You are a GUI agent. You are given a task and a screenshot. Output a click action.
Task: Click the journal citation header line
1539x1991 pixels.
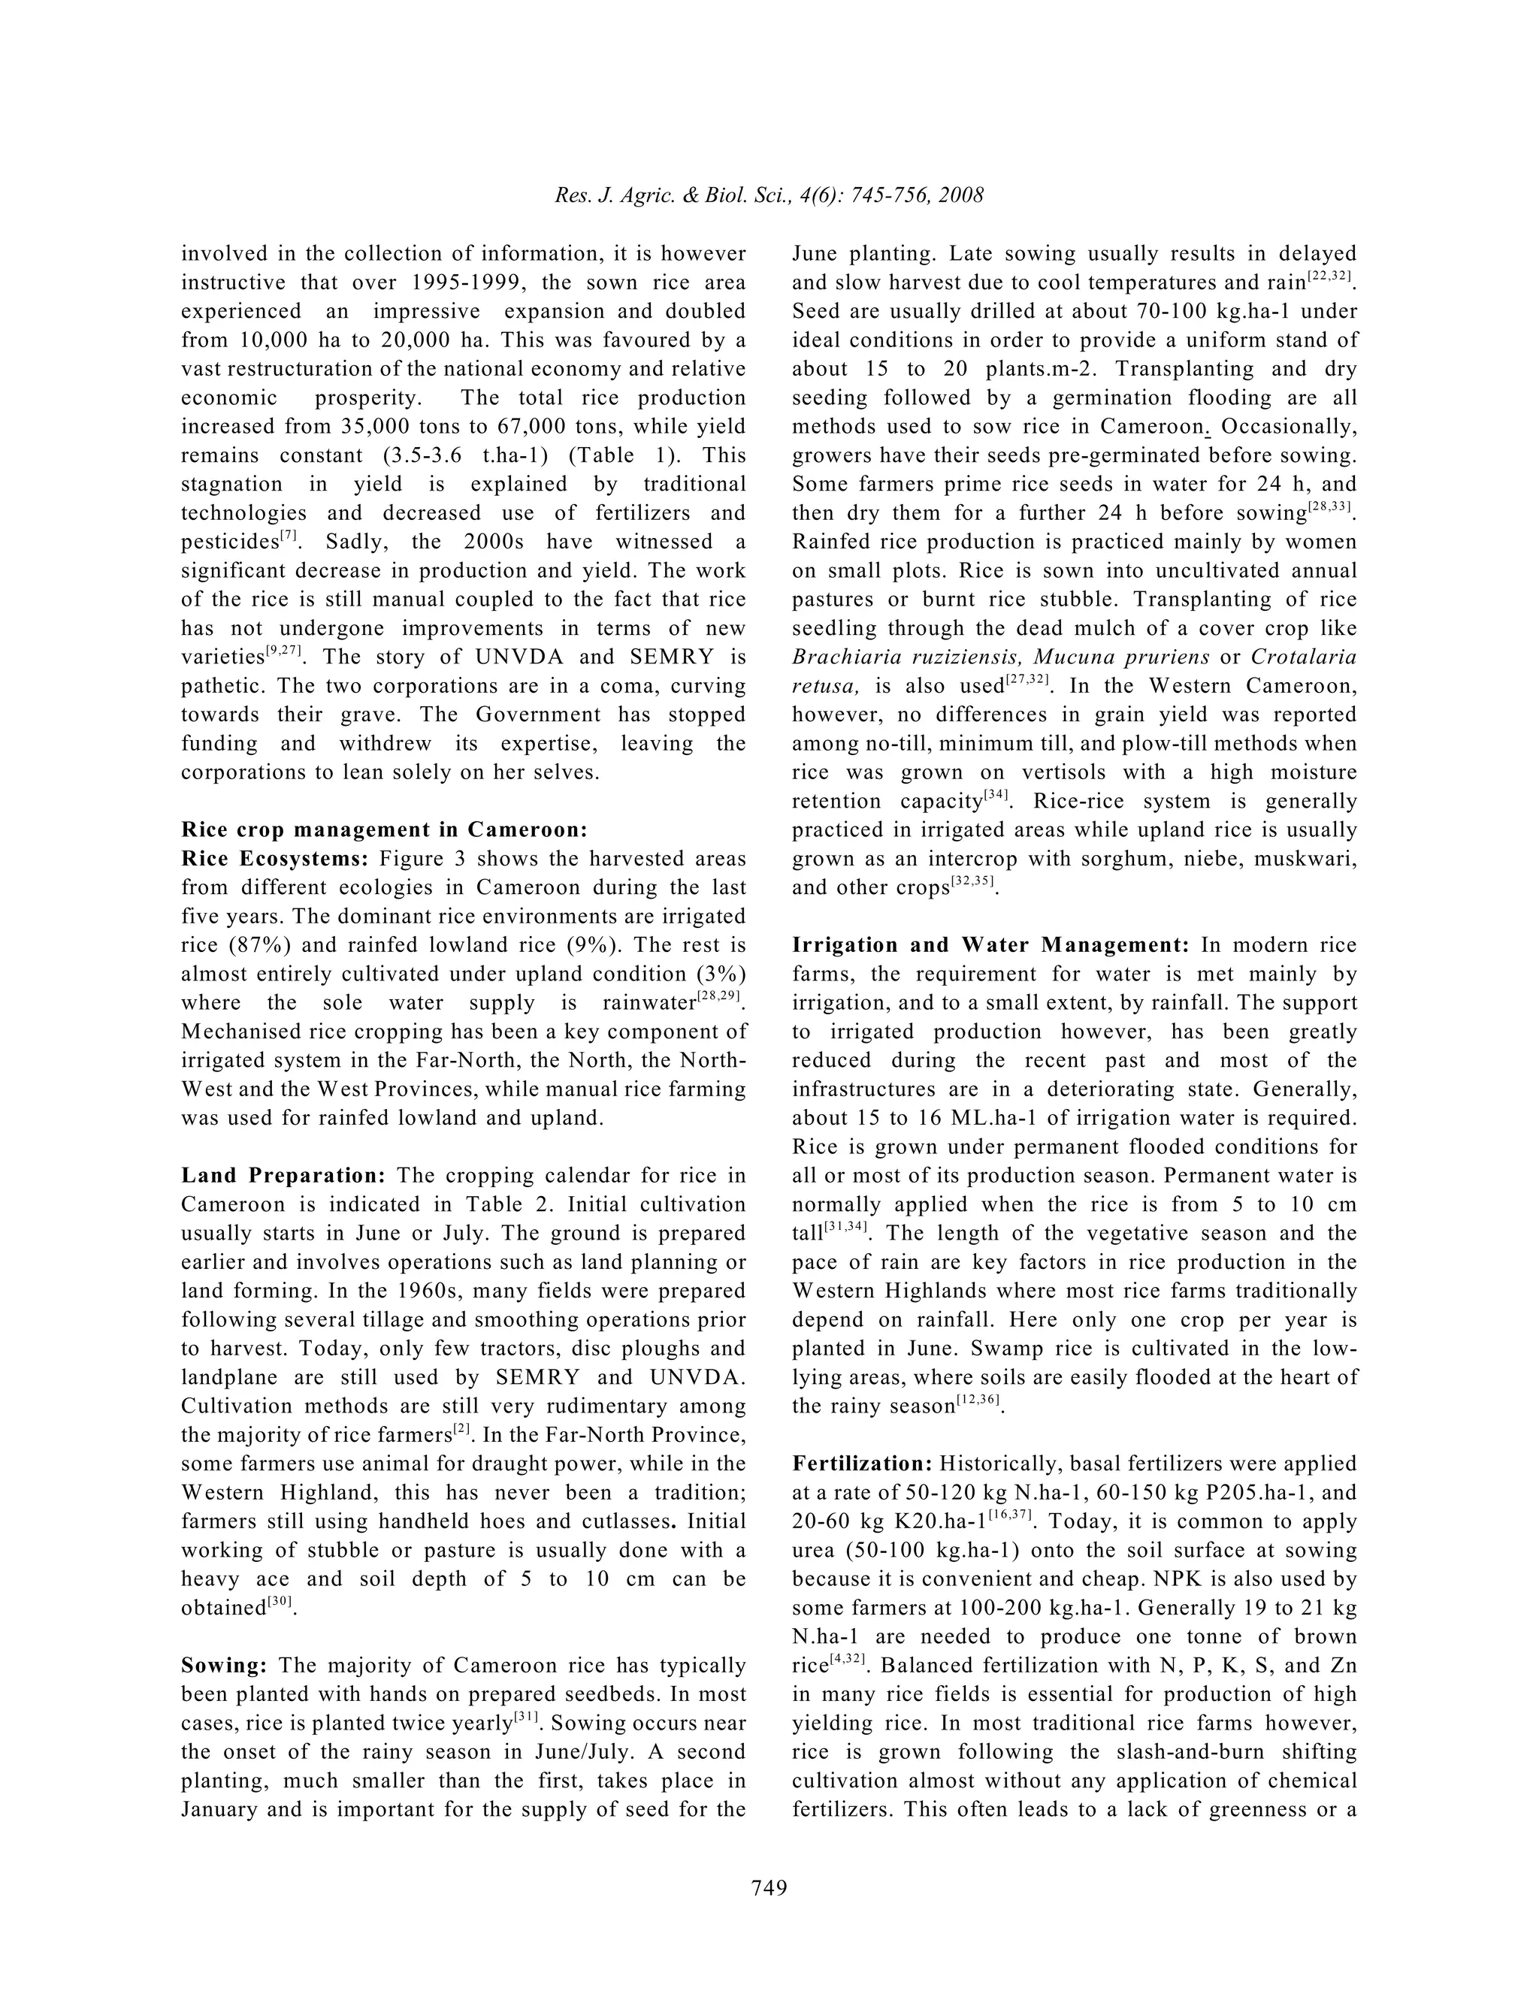(769, 196)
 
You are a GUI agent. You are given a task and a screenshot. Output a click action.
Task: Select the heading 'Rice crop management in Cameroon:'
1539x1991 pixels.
(384, 829)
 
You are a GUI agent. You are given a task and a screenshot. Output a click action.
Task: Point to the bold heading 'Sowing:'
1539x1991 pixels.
(224, 1666)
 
